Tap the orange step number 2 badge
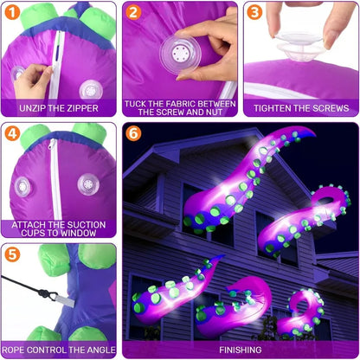pos(133,13)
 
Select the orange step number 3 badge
pos(254,13)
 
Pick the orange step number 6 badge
pos(133,134)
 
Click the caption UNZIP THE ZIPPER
pos(59,109)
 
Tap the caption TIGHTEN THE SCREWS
pos(301,109)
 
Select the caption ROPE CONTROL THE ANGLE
pos(59,350)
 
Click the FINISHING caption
pos(240,350)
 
